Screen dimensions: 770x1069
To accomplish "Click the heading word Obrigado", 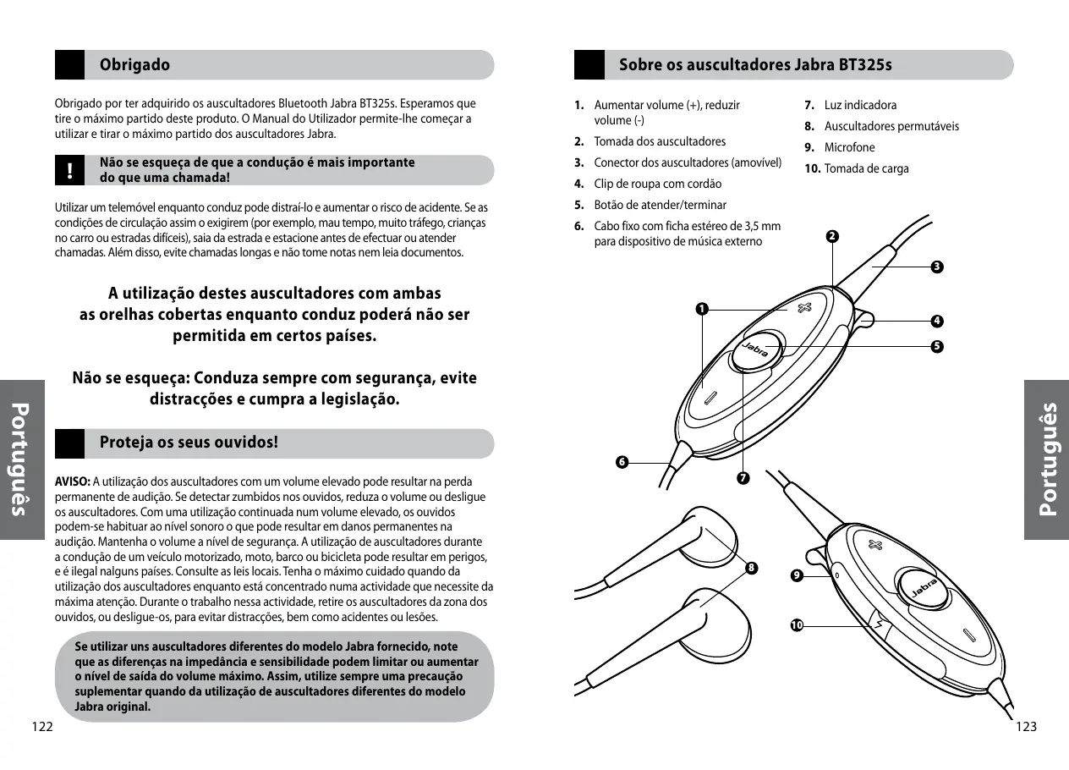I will point(134,65).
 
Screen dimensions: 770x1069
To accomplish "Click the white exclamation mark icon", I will point(70,170).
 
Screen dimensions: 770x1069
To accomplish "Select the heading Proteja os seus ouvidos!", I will point(189,443).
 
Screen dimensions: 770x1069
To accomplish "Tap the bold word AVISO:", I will point(73,481).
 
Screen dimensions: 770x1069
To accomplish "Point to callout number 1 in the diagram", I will point(701,309).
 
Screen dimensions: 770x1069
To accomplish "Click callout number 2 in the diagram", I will point(833,235).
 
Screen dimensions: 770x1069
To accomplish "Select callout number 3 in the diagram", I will point(936,267).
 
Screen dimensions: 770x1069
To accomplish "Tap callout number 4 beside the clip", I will point(936,321).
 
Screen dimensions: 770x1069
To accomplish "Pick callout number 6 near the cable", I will point(622,462).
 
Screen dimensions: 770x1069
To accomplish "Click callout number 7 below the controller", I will point(742,479).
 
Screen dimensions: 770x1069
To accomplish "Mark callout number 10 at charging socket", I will point(796,625).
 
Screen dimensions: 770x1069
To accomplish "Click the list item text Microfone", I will point(849,147).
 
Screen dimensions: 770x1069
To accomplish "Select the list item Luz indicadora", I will point(860,105).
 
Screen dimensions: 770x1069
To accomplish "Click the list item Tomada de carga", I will point(866,168).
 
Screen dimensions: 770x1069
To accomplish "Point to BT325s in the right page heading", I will point(865,65).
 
